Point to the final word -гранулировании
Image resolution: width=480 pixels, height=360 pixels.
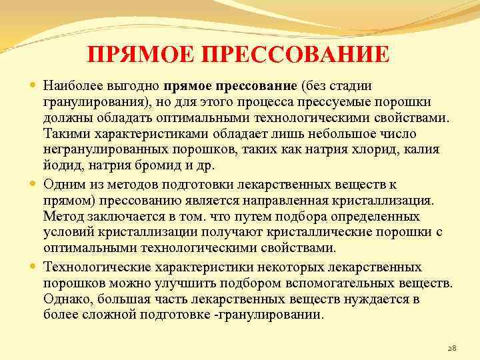(271, 314)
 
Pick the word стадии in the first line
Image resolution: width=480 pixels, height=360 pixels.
(348, 86)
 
